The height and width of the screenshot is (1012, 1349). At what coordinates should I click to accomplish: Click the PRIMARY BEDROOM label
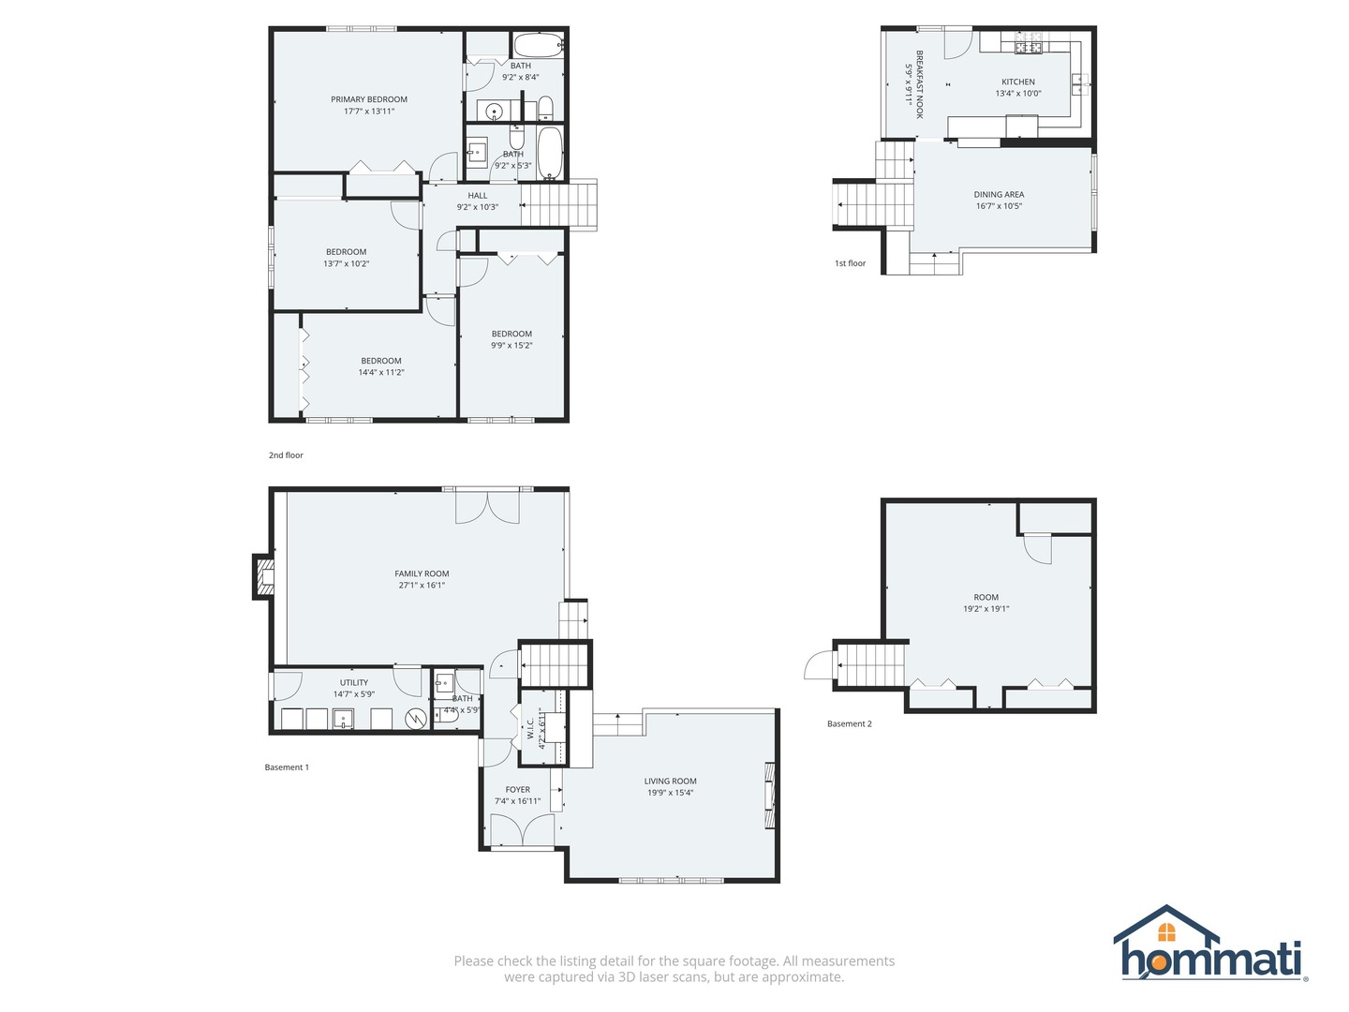pyautogui.click(x=369, y=99)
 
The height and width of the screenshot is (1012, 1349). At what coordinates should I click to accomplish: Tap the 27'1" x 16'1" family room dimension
pyautogui.click(x=422, y=585)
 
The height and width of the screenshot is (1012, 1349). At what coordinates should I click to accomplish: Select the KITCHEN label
pyautogui.click(x=1018, y=82)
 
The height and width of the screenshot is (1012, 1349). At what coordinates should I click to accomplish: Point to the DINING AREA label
pyautogui.click(x=999, y=194)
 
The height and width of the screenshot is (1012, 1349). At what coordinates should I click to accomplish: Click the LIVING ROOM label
pyautogui.click(x=670, y=781)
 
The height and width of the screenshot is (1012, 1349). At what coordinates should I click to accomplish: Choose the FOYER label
pyautogui.click(x=517, y=790)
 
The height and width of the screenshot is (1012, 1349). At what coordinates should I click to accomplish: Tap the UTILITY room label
pyautogui.click(x=354, y=683)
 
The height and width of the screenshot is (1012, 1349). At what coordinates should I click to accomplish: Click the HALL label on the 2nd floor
pyautogui.click(x=478, y=196)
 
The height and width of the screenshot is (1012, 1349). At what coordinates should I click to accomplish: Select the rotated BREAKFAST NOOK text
pyautogui.click(x=920, y=84)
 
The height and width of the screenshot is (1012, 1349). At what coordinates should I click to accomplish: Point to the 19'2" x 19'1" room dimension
pyautogui.click(x=986, y=609)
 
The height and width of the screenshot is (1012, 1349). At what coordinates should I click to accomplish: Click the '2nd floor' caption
pyautogui.click(x=286, y=455)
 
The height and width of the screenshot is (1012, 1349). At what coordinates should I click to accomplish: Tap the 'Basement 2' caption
pyautogui.click(x=850, y=723)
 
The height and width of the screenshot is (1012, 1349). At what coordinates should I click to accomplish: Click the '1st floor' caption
pyautogui.click(x=850, y=263)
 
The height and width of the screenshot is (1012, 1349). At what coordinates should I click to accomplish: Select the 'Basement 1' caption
pyautogui.click(x=287, y=766)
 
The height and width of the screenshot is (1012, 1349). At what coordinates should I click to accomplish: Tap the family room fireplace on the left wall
pyautogui.click(x=264, y=576)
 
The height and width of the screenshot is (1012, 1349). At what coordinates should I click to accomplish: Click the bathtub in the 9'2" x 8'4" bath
pyautogui.click(x=539, y=46)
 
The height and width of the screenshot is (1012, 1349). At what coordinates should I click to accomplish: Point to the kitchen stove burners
pyautogui.click(x=1029, y=46)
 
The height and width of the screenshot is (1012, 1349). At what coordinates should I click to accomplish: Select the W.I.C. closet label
pyautogui.click(x=530, y=729)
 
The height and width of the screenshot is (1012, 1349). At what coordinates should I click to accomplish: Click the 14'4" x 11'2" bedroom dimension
pyautogui.click(x=381, y=372)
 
